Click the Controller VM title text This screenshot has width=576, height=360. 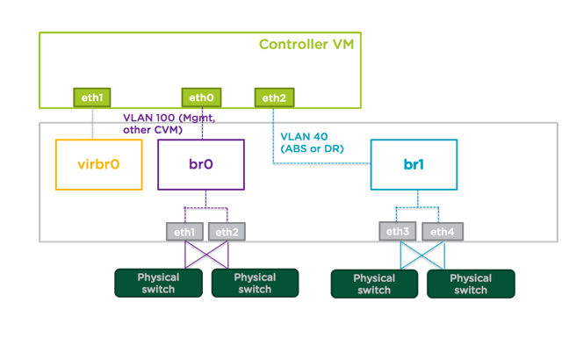pyautogui.click(x=306, y=44)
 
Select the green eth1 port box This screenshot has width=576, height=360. pyautogui.click(x=92, y=97)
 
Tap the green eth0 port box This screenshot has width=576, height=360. pyautogui.click(x=201, y=97)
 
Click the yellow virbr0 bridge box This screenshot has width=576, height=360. pyautogui.click(x=98, y=164)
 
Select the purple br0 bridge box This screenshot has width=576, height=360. pyautogui.click(x=200, y=164)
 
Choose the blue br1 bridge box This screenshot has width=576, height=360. pyautogui.click(x=414, y=164)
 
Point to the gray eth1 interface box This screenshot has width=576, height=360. pyautogui.click(x=184, y=232)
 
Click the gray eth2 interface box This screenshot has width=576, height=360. pyautogui.click(x=227, y=232)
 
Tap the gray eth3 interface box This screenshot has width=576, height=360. pyautogui.click(x=399, y=232)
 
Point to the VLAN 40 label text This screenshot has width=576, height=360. pyautogui.click(x=302, y=137)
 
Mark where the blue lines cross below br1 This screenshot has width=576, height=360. pyautogui.click(x=421, y=256)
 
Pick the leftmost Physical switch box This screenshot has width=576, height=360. pyautogui.click(x=158, y=283)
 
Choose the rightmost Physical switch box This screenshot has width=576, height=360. pyautogui.click(x=471, y=284)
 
